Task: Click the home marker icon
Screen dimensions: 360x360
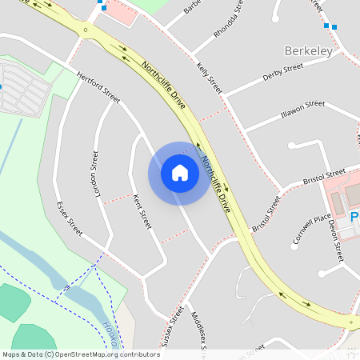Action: pyautogui.click(x=180, y=172)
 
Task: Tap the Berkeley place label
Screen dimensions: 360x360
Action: pyautogui.click(x=309, y=51)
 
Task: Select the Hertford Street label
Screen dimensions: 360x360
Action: pyautogui.click(x=98, y=88)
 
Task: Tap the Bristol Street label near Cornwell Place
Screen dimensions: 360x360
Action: pyautogui.click(x=325, y=175)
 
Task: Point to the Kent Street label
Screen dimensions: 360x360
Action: pyautogui.click(x=141, y=210)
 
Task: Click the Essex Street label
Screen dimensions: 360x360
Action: pyautogui.click(x=70, y=218)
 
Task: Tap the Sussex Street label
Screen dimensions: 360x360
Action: pyautogui.click(x=171, y=326)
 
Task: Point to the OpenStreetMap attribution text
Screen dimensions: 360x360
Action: pyautogui.click(x=81, y=354)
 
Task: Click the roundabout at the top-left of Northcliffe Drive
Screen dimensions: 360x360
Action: pyautogui.click(x=83, y=31)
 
